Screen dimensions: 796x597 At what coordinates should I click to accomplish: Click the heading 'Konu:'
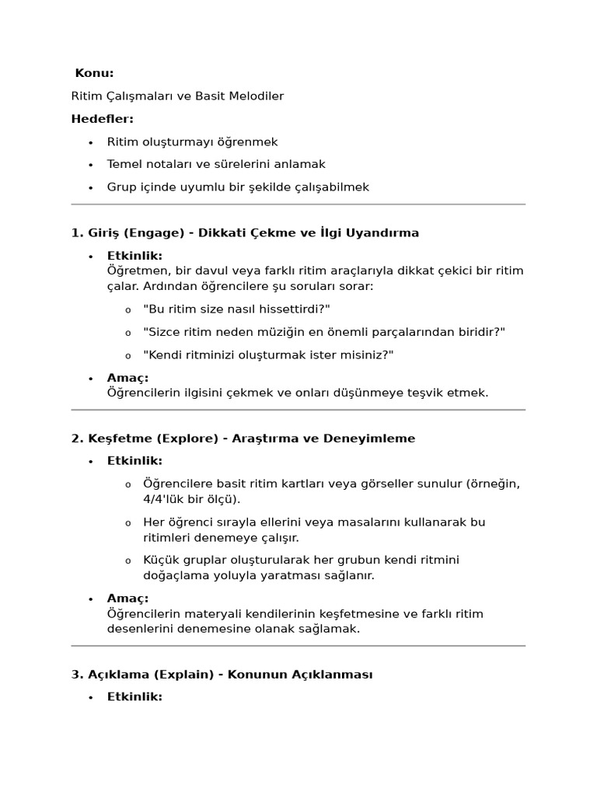point(94,73)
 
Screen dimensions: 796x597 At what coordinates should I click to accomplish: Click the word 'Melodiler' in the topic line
point(257,96)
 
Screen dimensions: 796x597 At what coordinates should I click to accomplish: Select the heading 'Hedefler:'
point(102,119)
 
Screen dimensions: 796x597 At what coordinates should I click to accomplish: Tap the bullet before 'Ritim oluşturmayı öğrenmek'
point(91,142)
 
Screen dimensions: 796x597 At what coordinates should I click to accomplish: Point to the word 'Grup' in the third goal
point(121,187)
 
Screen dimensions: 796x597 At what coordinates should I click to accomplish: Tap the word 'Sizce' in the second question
point(162,332)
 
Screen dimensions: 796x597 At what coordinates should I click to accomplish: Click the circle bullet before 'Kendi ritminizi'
point(128,355)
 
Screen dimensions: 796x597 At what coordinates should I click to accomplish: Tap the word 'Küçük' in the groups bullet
point(160,560)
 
